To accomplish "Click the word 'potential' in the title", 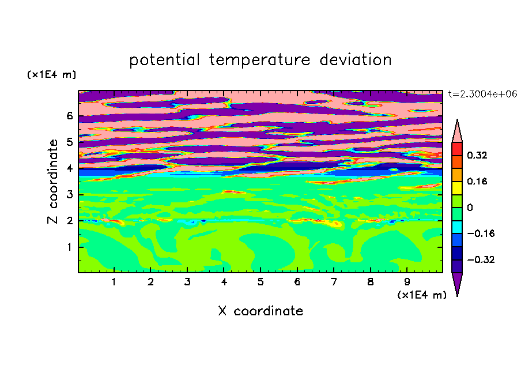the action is tap(164, 61).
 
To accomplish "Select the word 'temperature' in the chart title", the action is tap(259, 61).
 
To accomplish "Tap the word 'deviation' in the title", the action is tap(355, 60).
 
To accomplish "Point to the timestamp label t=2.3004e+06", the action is tap(482, 95).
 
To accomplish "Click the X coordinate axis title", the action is tap(260, 311).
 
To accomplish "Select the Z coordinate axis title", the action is tap(52, 182).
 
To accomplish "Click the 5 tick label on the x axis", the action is tap(260, 282).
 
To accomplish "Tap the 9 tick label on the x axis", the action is tap(407, 282).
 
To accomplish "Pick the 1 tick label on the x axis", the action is tap(114, 282).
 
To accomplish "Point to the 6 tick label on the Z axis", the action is tap(69, 116).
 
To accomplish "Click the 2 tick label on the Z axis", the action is tap(69, 221).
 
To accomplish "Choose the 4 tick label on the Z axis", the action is tap(69, 168).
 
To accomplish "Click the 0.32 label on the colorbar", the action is tap(477, 155).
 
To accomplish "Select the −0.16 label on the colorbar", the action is tap(481, 233).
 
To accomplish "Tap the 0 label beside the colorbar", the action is tap(470, 208).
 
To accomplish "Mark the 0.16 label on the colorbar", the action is tap(477, 181).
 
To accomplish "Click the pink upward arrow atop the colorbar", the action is tap(457, 131).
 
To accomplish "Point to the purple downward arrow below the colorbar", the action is tap(457, 284).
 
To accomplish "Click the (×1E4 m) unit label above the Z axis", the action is tap(51, 74).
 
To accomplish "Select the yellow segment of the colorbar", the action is tap(457, 188).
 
